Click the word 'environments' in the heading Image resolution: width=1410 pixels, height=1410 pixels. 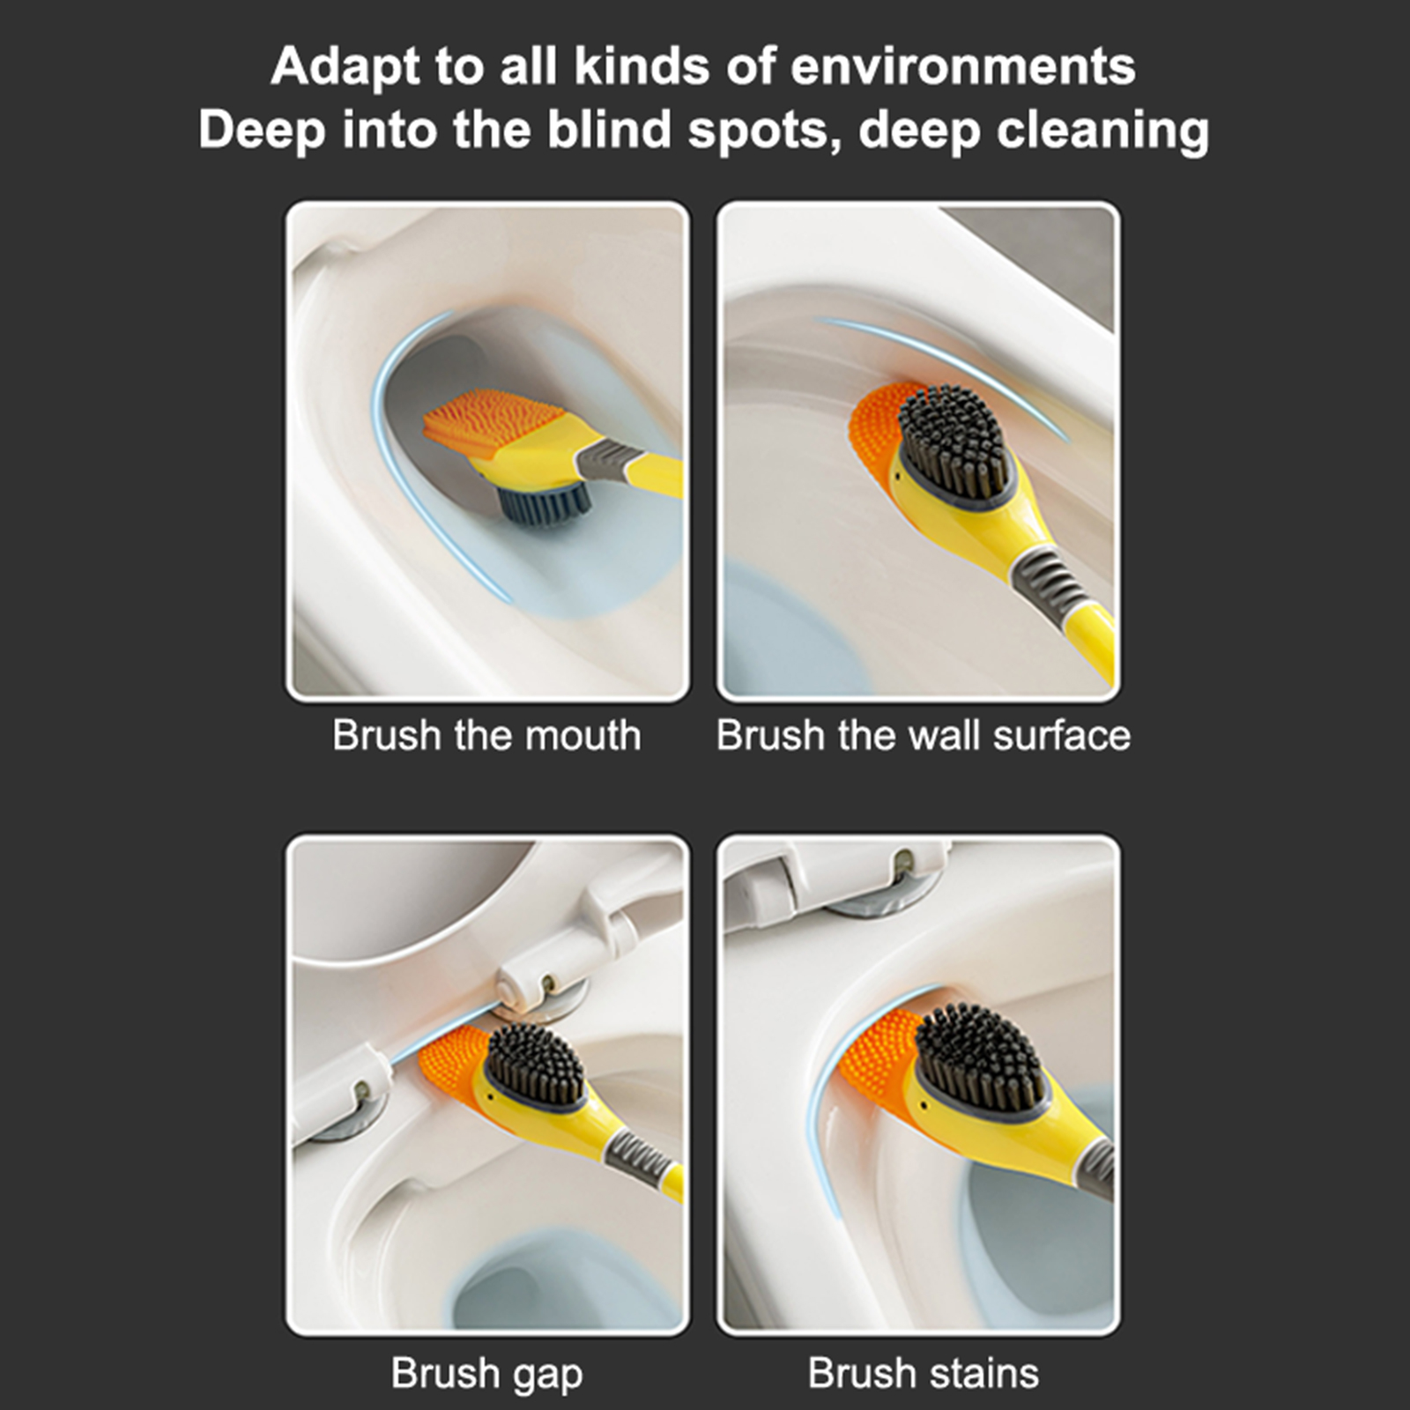(x=963, y=66)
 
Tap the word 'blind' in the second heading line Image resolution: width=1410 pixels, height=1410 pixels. (x=609, y=130)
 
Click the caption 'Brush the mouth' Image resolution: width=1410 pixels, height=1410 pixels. (x=486, y=735)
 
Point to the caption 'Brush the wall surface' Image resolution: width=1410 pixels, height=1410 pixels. (x=923, y=735)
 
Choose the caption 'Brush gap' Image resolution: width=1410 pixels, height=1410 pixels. (x=486, y=1373)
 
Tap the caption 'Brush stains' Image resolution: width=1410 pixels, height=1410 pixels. (x=923, y=1373)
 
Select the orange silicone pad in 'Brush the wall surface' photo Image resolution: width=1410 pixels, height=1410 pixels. (x=877, y=429)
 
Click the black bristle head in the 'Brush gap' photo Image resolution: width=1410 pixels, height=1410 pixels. (x=534, y=1066)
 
